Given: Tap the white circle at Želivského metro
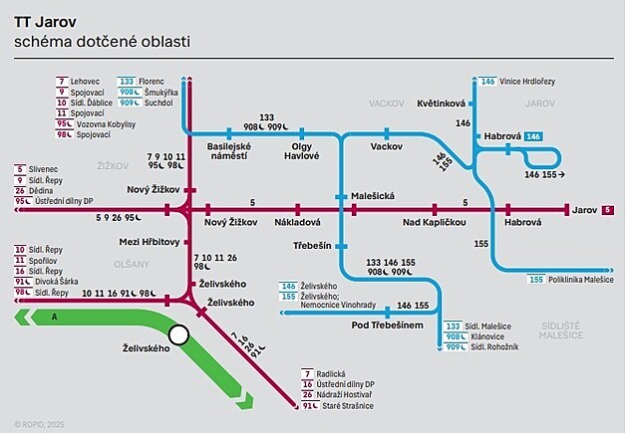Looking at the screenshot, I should (x=179, y=335).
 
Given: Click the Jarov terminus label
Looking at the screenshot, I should (x=584, y=210).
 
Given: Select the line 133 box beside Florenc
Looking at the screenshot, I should (x=128, y=80).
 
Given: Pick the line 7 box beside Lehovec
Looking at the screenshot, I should (x=62, y=80).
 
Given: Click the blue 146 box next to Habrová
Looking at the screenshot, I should (x=532, y=135).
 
